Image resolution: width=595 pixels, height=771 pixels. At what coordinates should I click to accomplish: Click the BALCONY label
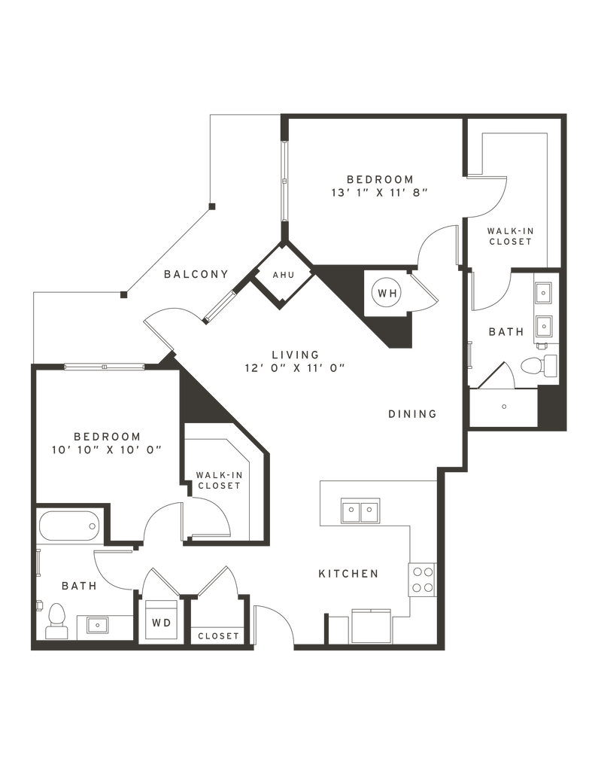point(196,274)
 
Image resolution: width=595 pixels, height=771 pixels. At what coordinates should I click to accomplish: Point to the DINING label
point(412,414)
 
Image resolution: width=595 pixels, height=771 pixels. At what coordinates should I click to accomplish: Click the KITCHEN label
point(348,574)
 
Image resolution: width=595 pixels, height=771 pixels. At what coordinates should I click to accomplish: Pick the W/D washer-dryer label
point(160,623)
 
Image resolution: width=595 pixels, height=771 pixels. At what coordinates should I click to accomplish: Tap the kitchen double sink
point(360,511)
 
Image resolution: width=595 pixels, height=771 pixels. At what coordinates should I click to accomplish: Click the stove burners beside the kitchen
point(421,580)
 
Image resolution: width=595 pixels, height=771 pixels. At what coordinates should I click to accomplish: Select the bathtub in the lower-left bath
point(69,526)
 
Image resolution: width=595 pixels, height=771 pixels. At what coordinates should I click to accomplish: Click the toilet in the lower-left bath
point(56,621)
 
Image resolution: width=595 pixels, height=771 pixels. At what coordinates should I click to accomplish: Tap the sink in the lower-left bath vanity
point(97,624)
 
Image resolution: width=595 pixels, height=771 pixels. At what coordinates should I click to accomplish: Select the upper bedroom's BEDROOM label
point(380,178)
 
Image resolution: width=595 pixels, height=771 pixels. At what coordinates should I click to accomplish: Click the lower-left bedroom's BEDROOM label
point(107,436)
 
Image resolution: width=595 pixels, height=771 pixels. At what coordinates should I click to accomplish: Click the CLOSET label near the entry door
point(217,636)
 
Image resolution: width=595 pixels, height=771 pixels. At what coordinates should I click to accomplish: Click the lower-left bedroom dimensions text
point(107,450)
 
